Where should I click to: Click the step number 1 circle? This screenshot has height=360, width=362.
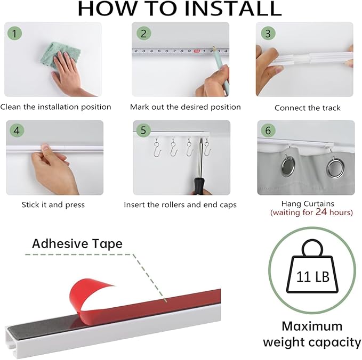click(15, 34)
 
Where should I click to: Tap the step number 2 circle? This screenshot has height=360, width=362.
click(143, 34)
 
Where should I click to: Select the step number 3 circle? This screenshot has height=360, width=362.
click(268, 34)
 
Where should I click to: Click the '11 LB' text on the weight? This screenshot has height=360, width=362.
click(312, 278)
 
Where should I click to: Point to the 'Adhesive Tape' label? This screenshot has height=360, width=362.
click(77, 244)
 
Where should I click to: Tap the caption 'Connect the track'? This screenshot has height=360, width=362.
click(307, 108)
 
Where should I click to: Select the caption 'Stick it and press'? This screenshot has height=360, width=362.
click(53, 204)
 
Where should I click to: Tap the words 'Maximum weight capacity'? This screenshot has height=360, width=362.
click(312, 334)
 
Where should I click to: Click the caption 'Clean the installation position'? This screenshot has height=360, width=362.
click(56, 107)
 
